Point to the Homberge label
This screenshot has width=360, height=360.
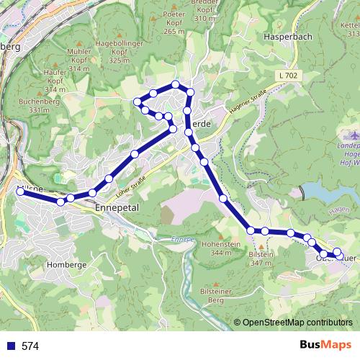pos(66,264)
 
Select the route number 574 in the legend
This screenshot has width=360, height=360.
pos(30,346)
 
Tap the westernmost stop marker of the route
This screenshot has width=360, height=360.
pos(21,192)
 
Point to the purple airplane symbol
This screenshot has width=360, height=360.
pos(351,135)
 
